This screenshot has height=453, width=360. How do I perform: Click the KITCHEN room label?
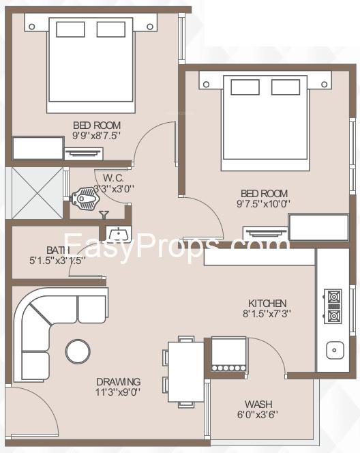tap(267, 304)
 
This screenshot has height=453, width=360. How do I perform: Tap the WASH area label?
tap(258, 404)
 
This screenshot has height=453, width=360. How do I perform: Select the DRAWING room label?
tap(119, 381)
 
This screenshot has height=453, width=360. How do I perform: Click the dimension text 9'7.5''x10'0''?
tap(263, 204)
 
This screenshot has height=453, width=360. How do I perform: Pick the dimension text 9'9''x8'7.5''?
tap(96, 136)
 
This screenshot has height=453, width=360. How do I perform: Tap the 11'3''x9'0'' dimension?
tap(118, 392)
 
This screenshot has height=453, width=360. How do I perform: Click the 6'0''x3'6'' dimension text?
tap(258, 415)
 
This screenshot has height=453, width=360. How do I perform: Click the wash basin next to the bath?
tap(119, 234)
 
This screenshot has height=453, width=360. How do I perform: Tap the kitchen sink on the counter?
tap(335, 350)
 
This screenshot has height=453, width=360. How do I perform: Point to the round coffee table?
tap(78, 351)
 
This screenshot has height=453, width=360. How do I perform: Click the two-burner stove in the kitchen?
tap(333, 306)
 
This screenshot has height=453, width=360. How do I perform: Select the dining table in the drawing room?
tap(186, 372)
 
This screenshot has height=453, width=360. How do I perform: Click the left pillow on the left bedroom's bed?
tap(70, 29)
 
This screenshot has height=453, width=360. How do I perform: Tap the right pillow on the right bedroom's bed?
tap(286, 87)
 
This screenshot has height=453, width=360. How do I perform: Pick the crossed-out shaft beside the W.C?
tap(37, 193)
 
